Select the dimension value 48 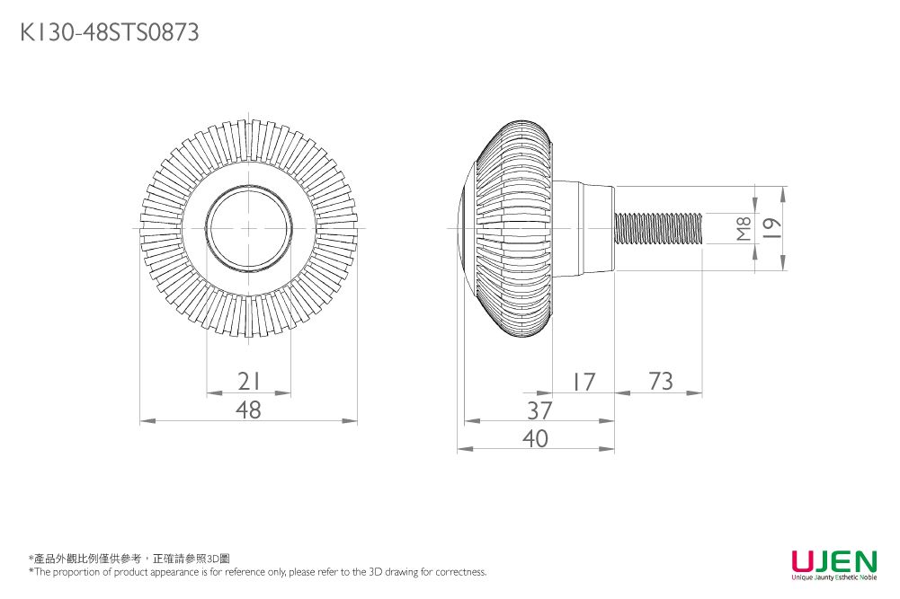point(248,410)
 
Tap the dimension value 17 point(583,382)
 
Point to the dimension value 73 point(660,381)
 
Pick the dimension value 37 point(539,410)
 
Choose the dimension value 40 point(536,438)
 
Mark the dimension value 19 point(771,229)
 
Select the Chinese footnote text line point(129,559)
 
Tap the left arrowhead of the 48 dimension point(144,420)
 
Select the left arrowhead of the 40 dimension point(462,448)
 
